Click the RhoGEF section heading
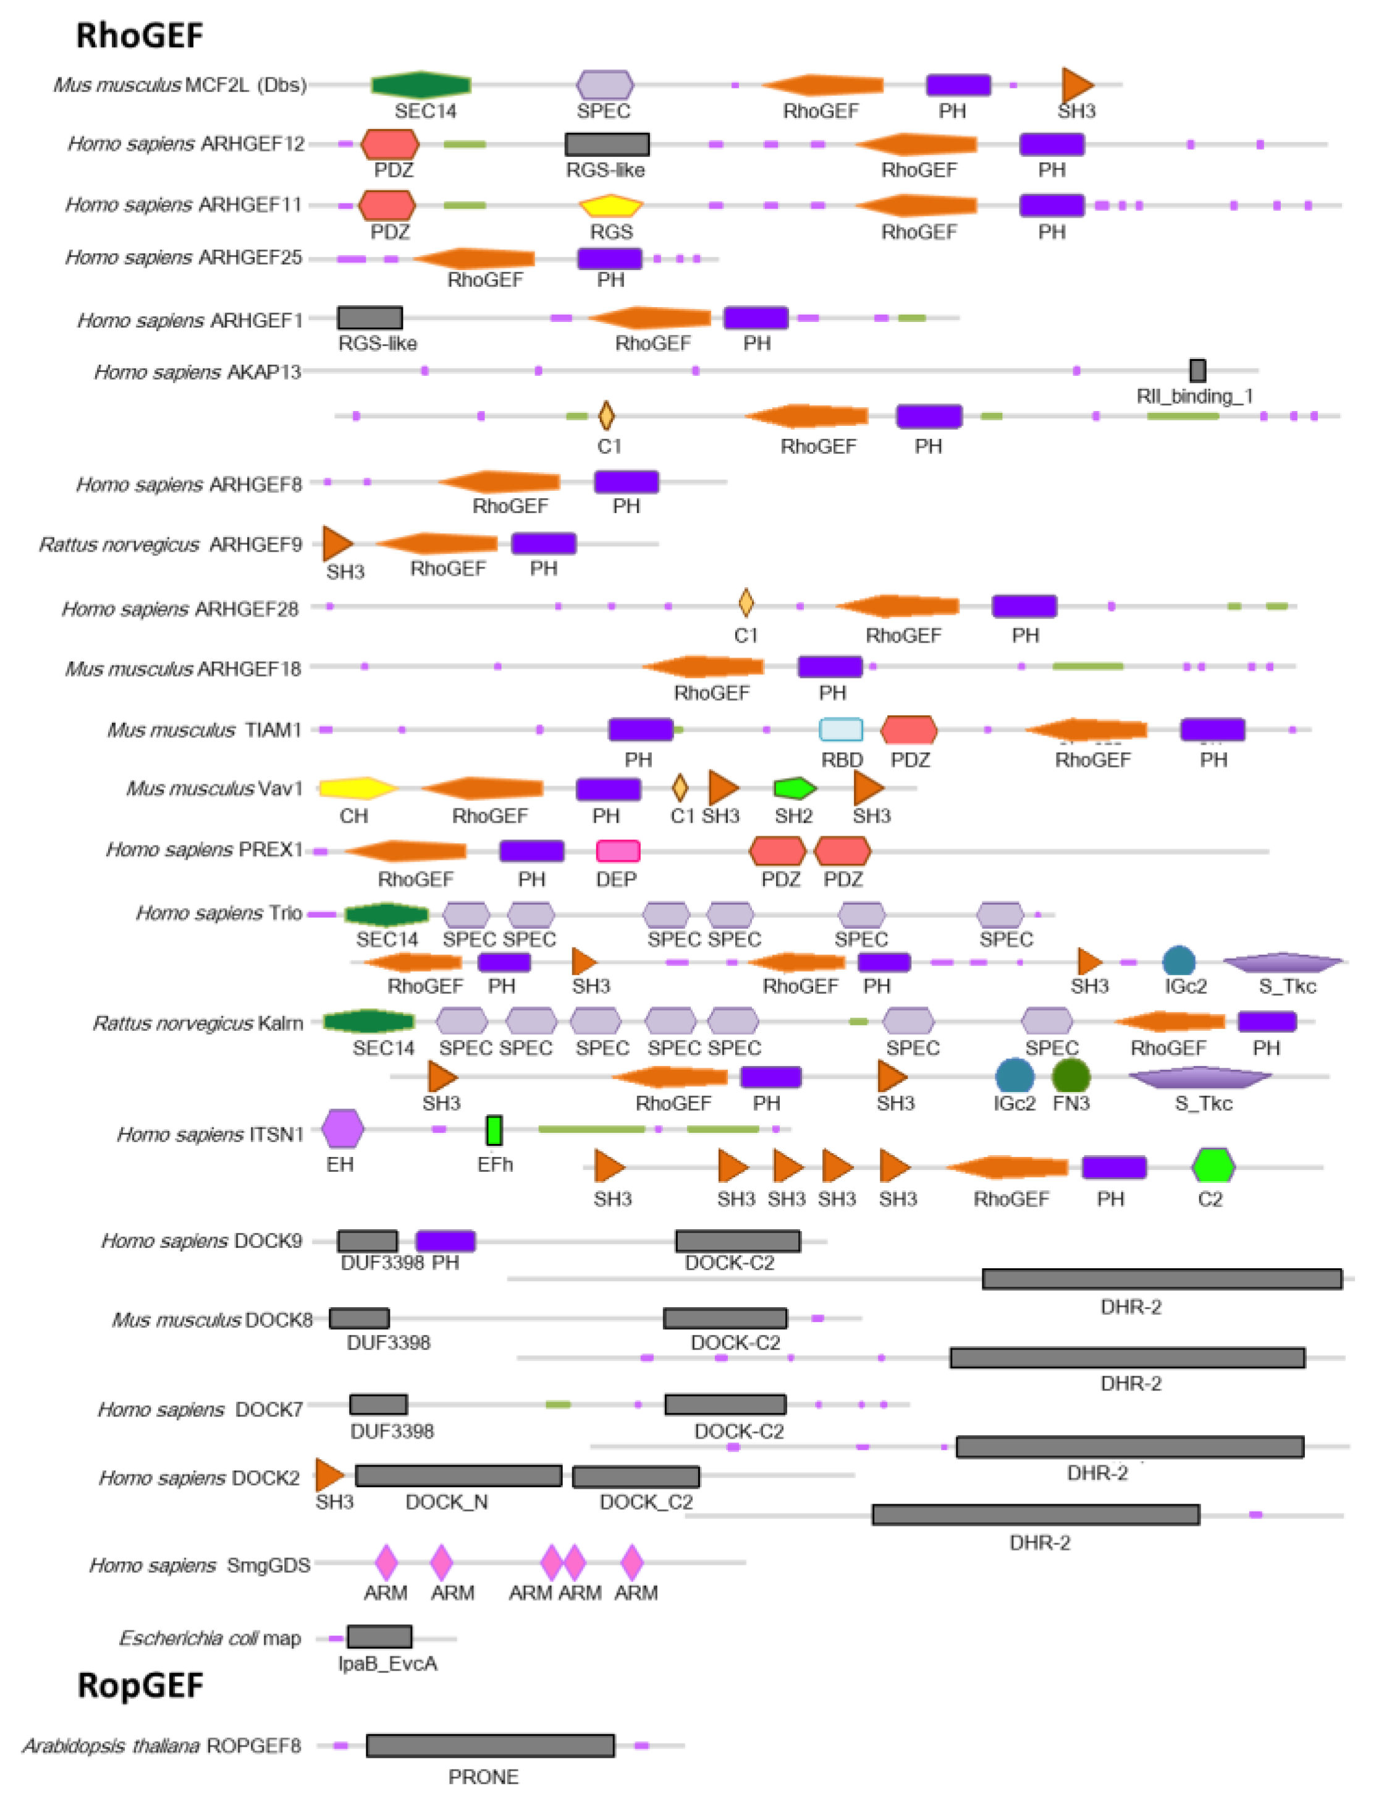click(x=139, y=36)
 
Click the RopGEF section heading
click(x=140, y=1685)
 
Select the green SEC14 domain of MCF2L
click(x=421, y=85)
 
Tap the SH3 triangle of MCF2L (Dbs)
click(x=1076, y=85)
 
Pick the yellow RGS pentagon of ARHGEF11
click(x=611, y=205)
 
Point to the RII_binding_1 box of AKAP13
click(x=1197, y=370)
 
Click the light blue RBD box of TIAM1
click(x=841, y=729)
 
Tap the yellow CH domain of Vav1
click(x=355, y=788)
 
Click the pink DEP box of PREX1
click(x=617, y=851)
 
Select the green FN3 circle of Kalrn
click(x=1071, y=1076)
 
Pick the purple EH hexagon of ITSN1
click(x=342, y=1129)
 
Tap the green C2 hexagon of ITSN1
click(x=1213, y=1166)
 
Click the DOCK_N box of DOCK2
click(x=458, y=1476)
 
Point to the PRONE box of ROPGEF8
click(x=490, y=1745)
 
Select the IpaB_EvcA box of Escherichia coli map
click(x=379, y=1636)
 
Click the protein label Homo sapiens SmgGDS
click(x=200, y=1565)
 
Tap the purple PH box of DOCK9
click(x=445, y=1240)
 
